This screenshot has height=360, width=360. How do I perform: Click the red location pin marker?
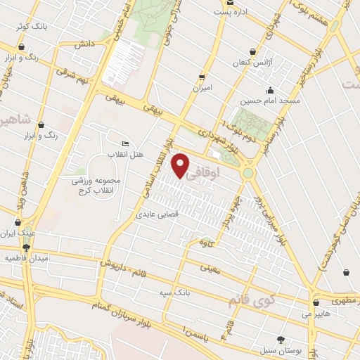tap(181, 166)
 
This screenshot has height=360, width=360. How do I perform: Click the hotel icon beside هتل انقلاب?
tap(125, 143)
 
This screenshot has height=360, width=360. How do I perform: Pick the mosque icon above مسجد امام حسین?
tap(270, 90)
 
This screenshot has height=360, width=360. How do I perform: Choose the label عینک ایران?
tap(21, 231)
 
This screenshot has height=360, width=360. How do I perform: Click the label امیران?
tap(202, 89)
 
